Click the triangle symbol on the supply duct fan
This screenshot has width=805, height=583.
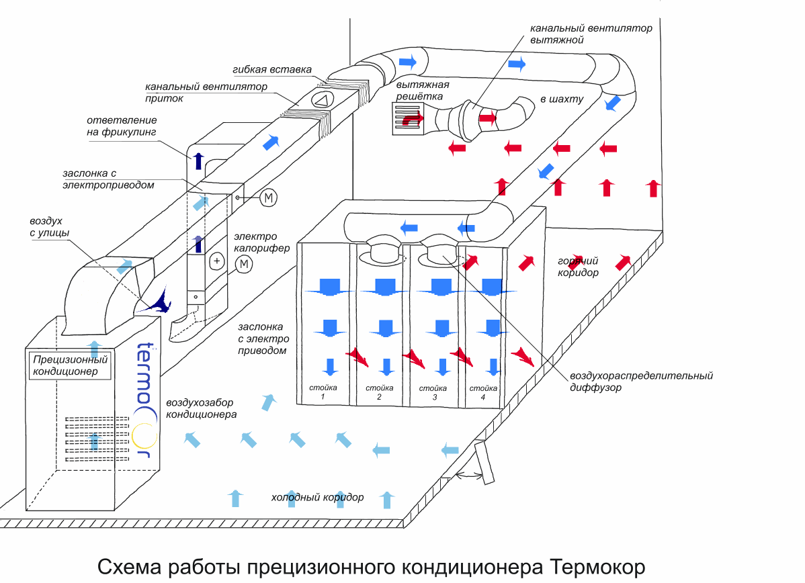pyautogui.click(x=322, y=100)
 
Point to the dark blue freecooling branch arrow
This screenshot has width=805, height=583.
pyautogui.click(x=198, y=161)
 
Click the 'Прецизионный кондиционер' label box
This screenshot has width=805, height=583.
pyautogui.click(x=69, y=365)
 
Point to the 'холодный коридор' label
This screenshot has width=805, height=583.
pyautogui.click(x=317, y=498)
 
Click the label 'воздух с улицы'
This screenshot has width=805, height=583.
pyautogui.click(x=49, y=226)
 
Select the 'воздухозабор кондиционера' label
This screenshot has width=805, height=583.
pyautogui.click(x=202, y=408)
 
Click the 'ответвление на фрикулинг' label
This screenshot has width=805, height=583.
pyautogui.click(x=121, y=126)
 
